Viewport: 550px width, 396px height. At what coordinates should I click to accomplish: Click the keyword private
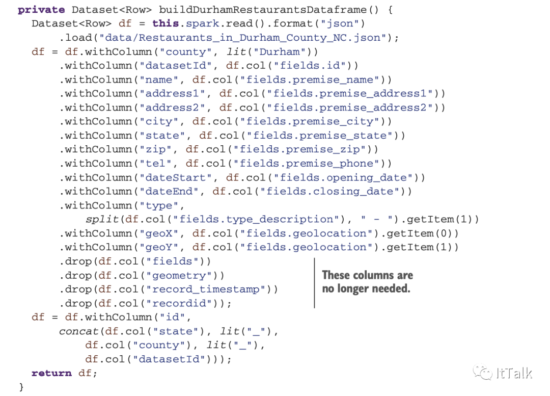[x=41, y=10]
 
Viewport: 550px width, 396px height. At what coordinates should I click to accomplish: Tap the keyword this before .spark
[x=166, y=23]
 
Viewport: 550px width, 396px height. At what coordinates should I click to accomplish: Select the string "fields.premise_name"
[x=311, y=80]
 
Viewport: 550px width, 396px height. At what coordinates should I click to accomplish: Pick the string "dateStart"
[x=179, y=177]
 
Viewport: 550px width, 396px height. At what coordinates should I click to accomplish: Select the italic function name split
[x=102, y=219]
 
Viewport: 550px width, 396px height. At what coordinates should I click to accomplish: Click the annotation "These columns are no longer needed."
[x=367, y=282]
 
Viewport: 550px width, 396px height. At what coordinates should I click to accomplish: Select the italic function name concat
[x=78, y=331]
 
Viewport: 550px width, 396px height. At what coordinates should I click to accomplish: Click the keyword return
[x=51, y=373]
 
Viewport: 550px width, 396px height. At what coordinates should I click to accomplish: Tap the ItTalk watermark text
[x=513, y=373]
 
